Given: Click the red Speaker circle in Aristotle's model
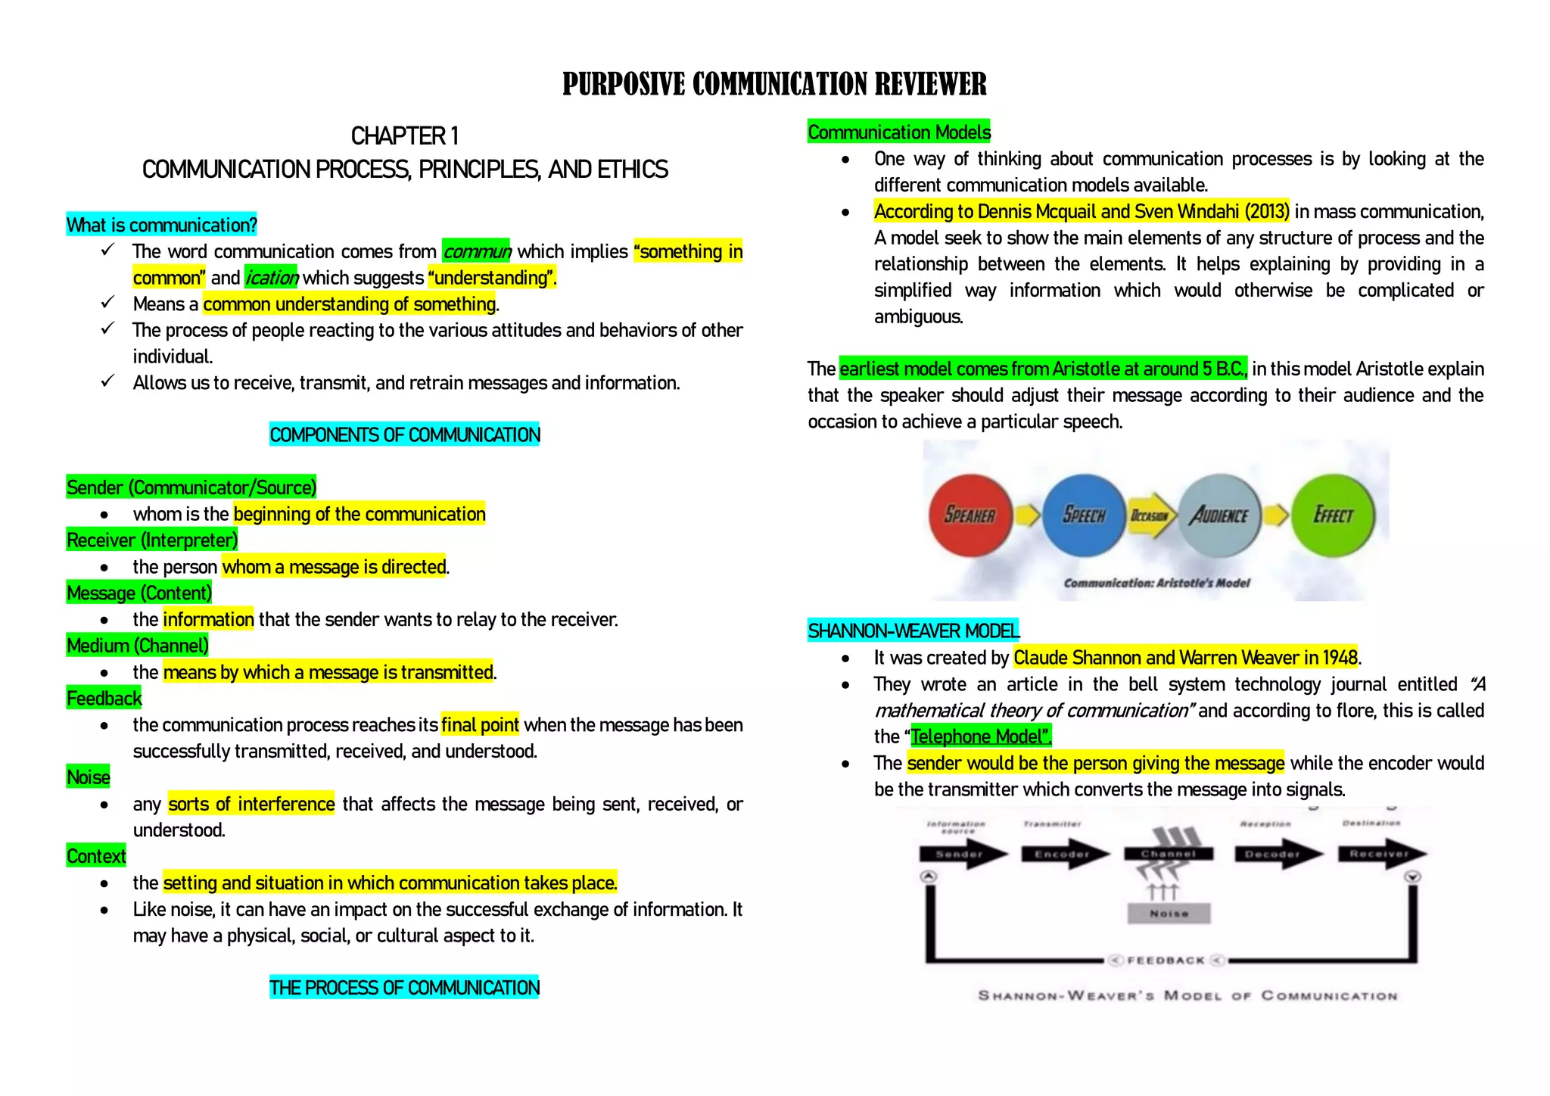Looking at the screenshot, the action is tap(970, 515).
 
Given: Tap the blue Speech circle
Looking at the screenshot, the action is tap(1084, 515).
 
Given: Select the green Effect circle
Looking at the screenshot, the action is tap(1333, 515).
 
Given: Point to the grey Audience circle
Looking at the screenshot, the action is tap(1219, 515).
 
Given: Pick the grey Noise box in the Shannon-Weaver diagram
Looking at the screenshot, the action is tap(1169, 914).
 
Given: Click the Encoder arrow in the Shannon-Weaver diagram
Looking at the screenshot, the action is tap(1063, 855).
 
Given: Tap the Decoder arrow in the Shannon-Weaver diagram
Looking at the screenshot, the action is tap(1275, 855).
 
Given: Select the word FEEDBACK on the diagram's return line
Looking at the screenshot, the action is tap(1166, 961).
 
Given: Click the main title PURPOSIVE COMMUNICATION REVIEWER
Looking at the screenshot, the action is tap(774, 84).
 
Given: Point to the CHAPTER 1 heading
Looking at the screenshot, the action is tap(405, 136).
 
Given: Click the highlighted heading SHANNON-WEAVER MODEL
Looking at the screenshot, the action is tap(914, 631).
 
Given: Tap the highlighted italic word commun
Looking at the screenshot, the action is tap(477, 251).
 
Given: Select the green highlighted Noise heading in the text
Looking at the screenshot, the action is tap(89, 777).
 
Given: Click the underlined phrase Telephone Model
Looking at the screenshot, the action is tap(981, 736).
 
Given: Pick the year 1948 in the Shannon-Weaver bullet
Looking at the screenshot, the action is tap(1340, 658).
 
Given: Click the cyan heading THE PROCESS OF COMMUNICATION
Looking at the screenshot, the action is tap(404, 988).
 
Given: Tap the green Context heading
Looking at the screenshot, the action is tap(96, 856).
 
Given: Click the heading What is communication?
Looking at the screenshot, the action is tap(162, 225).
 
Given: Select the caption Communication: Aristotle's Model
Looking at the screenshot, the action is tap(1156, 583).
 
